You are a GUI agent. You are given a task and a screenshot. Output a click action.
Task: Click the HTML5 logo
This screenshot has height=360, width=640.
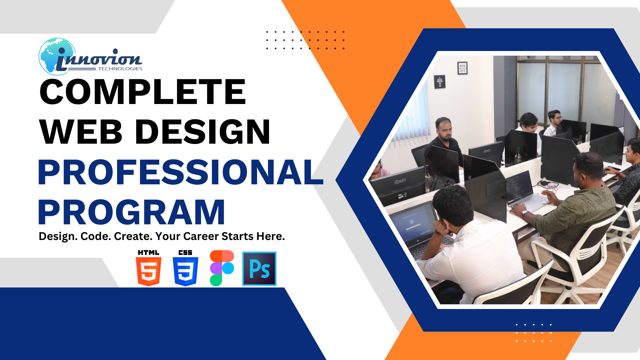149,268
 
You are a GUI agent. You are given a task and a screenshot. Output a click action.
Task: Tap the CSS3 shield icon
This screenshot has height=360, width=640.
185,268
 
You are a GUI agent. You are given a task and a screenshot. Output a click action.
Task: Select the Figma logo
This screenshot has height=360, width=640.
222,268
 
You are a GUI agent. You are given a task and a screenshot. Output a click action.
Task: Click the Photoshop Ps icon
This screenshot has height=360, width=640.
259,269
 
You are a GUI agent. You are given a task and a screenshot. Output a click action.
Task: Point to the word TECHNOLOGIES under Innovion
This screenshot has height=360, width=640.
120,69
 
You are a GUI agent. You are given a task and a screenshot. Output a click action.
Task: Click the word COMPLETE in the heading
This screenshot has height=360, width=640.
143,92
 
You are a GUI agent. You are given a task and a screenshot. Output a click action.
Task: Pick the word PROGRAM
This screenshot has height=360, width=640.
131,212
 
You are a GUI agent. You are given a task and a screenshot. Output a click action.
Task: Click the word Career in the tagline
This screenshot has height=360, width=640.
201,236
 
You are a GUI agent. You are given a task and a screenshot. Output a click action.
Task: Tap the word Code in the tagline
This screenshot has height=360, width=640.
96,236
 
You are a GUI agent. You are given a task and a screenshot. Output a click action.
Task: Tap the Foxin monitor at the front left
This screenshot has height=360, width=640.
398,185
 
